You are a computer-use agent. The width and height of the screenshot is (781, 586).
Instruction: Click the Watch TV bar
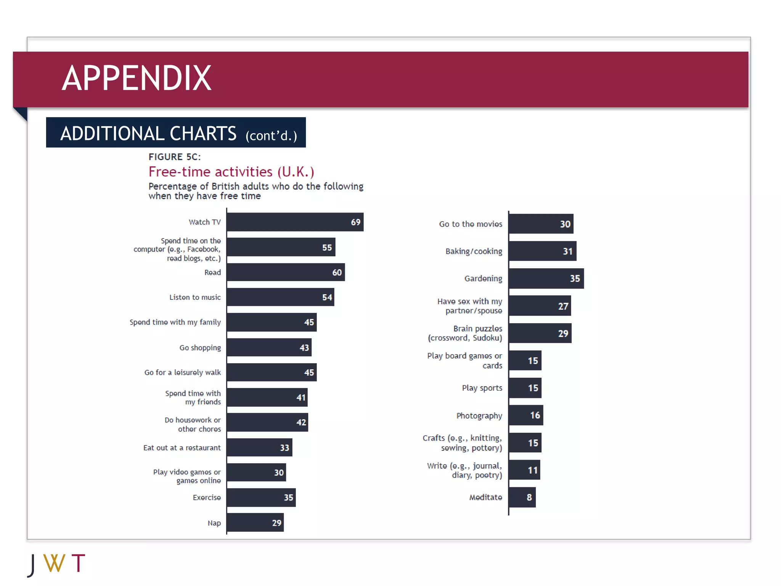295,222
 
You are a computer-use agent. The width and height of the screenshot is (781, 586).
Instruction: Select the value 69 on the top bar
355,222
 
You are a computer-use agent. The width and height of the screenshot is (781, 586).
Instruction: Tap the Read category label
212,272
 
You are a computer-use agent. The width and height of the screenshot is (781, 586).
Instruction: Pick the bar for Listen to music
280,297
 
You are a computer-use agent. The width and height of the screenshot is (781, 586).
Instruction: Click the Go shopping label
200,348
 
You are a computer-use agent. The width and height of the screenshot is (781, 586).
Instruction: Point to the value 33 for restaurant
284,448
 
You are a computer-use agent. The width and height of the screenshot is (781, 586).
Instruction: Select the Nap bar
255,523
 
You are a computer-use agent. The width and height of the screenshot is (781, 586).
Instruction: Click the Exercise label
206,497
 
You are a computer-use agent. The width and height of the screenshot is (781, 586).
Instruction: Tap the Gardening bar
546,279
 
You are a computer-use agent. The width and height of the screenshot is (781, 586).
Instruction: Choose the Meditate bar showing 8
522,497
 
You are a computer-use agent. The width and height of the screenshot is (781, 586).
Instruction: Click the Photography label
479,415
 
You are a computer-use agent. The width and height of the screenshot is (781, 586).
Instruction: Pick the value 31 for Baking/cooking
567,251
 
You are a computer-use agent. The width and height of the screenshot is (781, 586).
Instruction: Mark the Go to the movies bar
541,224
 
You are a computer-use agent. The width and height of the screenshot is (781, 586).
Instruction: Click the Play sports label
482,388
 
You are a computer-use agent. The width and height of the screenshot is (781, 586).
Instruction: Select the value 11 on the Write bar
532,470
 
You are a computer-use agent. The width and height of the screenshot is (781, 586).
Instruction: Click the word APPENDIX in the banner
137,78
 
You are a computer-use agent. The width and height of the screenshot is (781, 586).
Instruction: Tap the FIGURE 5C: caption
174,157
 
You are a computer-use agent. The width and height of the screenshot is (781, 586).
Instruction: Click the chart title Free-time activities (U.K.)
231,172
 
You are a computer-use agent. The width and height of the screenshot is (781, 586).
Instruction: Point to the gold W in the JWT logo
54,563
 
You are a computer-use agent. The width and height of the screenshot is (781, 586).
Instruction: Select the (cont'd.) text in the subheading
271,136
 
